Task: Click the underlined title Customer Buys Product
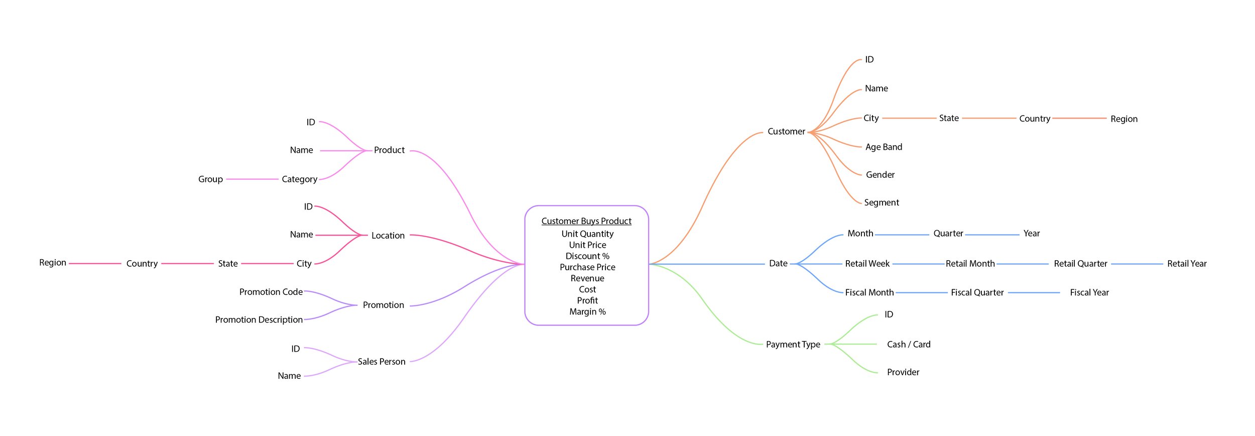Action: click(586, 221)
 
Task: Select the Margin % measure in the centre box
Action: click(587, 312)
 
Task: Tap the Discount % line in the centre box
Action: click(587, 256)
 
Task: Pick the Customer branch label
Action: click(786, 132)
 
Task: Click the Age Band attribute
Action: click(884, 147)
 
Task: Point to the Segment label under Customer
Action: click(882, 202)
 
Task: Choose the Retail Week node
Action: click(867, 264)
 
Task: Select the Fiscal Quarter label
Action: click(977, 292)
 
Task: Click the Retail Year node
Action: click(1187, 264)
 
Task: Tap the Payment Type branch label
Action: click(793, 345)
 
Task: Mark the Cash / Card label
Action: click(909, 345)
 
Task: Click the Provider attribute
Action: click(903, 372)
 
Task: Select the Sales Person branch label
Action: click(382, 362)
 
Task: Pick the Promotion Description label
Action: click(259, 320)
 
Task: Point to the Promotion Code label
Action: click(271, 292)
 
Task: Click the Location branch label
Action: click(388, 236)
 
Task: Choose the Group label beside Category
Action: click(210, 179)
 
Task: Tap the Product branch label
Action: click(389, 150)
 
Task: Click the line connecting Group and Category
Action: click(252, 179)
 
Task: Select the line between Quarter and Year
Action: click(992, 235)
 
